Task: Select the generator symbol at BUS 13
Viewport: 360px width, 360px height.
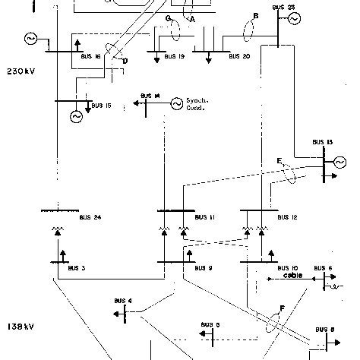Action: (x=338, y=161)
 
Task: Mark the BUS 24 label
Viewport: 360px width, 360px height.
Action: (x=90, y=218)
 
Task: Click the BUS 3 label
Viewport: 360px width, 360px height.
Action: (x=77, y=268)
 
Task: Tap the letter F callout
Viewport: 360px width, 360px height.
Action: (x=282, y=307)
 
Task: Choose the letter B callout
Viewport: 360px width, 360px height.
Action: (x=255, y=15)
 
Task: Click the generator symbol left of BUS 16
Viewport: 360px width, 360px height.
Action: (x=32, y=38)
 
